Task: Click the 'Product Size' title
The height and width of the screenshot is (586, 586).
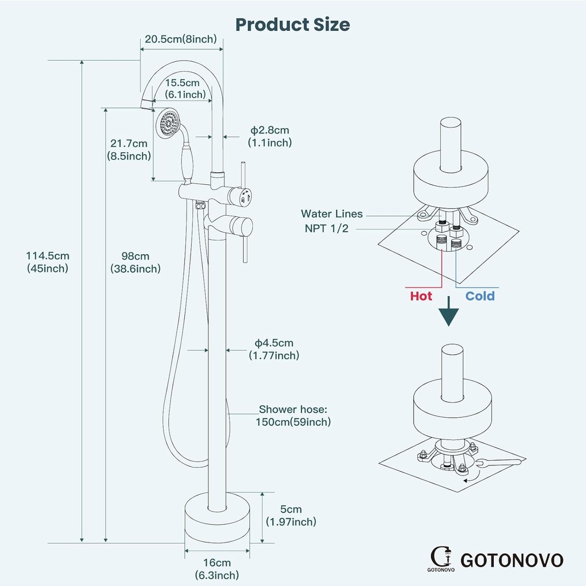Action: (292, 25)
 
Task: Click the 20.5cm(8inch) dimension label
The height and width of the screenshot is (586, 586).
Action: (180, 39)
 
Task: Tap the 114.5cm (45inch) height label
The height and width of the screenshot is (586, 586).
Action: (47, 262)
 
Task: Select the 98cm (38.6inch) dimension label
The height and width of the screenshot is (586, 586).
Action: (135, 262)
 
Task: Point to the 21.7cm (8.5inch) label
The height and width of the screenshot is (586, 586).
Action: (129, 149)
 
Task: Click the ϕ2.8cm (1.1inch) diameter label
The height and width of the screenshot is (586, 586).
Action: (269, 137)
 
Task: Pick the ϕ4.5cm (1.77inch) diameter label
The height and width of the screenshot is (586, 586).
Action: (274, 349)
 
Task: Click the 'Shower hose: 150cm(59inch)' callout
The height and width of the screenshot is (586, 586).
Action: (294, 415)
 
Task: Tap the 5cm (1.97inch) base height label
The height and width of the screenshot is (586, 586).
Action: (291, 515)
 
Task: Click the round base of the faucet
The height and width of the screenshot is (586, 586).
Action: (217, 520)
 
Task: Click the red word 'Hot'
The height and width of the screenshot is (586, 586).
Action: (421, 296)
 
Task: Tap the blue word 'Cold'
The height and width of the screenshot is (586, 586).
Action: (480, 296)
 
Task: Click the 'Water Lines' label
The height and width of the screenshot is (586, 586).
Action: (332, 214)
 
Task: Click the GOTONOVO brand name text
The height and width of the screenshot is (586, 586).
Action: (512, 560)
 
